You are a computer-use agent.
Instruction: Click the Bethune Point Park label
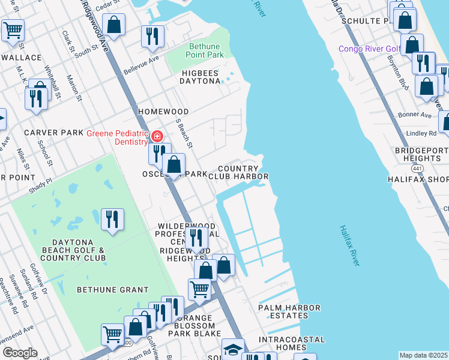197,50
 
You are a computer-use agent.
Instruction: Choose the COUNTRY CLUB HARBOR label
238,172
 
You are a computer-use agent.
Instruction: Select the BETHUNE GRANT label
112,290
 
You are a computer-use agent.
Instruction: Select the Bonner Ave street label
417,115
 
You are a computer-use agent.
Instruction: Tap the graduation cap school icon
233,349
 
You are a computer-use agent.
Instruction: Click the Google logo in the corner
19,353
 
